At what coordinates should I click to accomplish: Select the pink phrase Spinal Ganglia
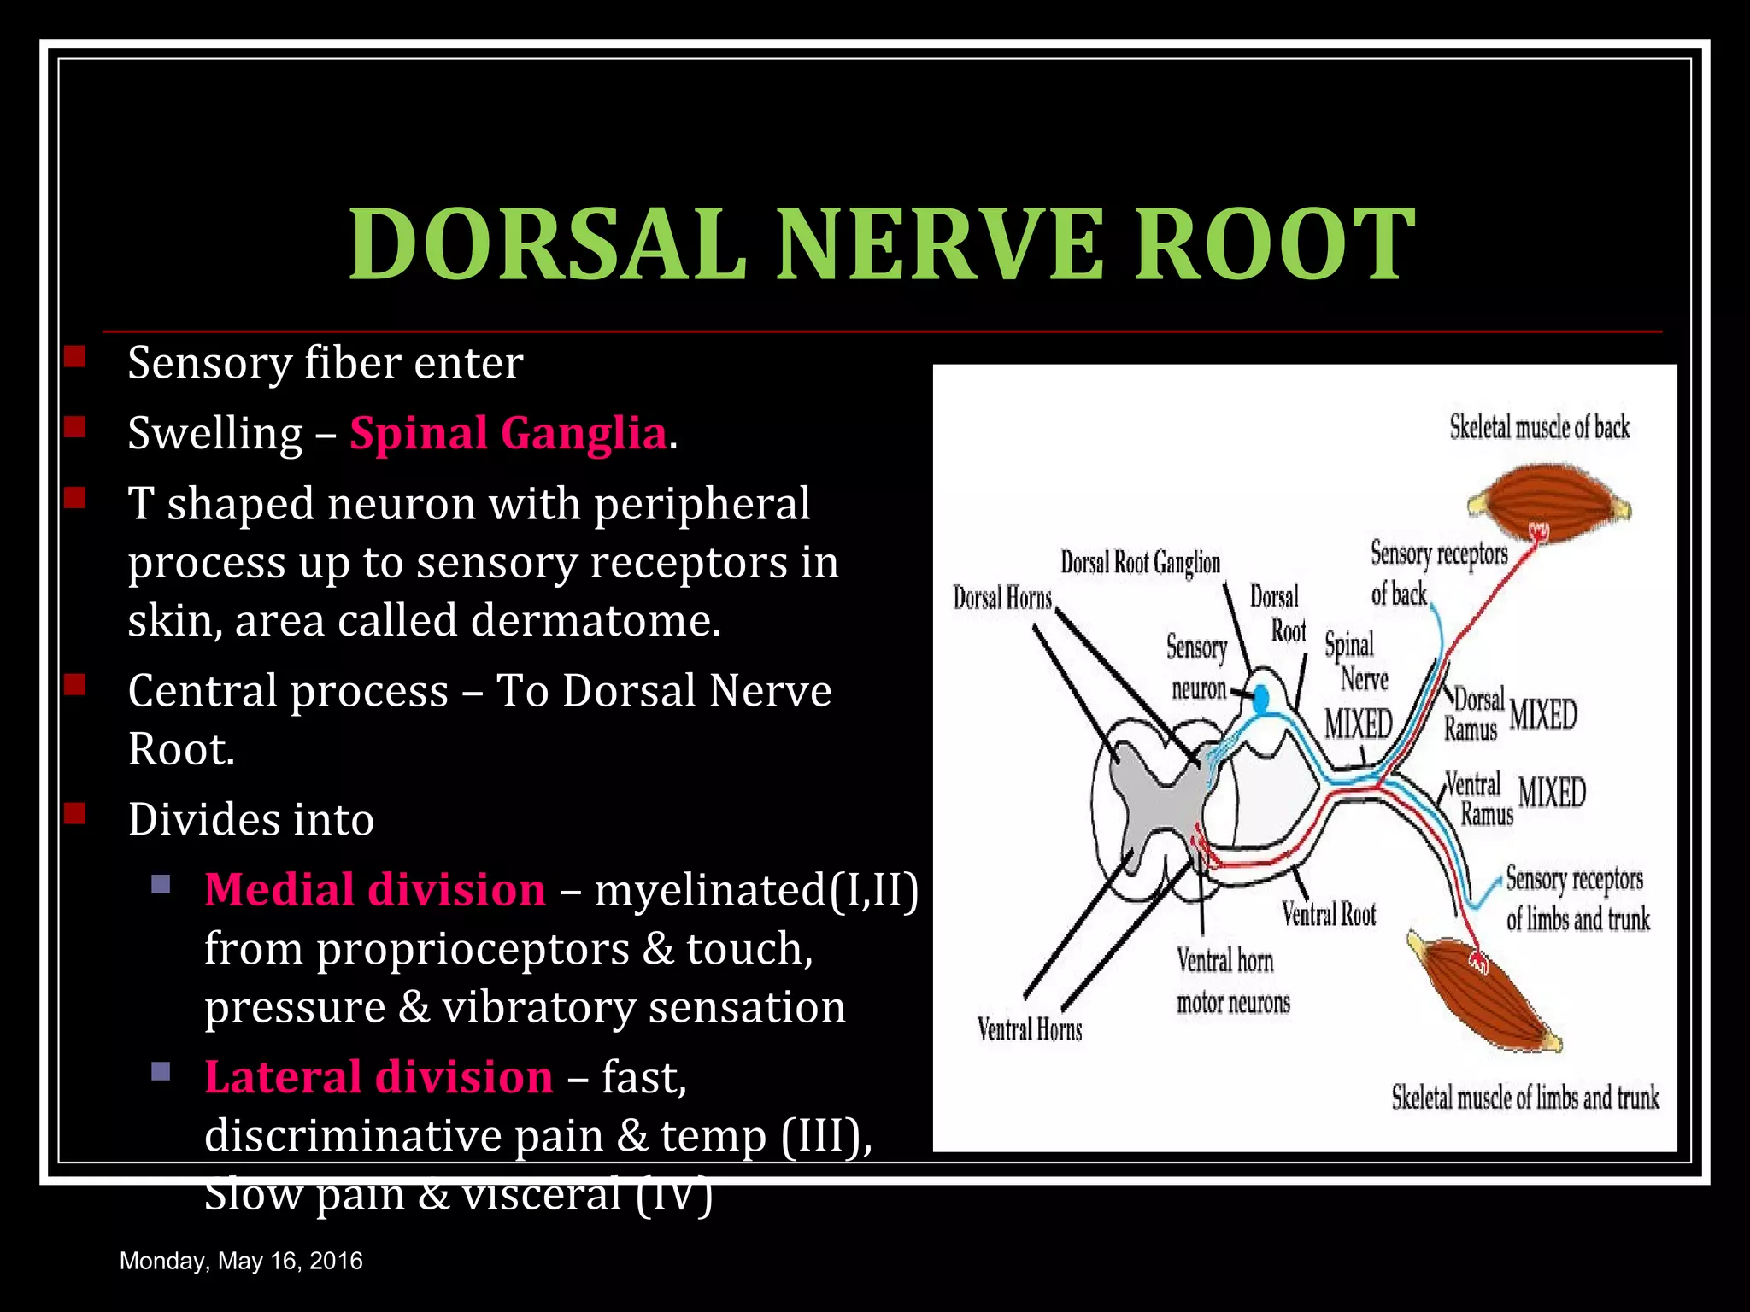click(x=508, y=432)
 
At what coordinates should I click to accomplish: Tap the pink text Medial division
click(x=375, y=889)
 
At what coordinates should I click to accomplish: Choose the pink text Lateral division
click(x=379, y=1076)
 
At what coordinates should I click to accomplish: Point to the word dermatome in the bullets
click(x=595, y=620)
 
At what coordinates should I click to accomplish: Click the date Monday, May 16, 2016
click(x=241, y=1261)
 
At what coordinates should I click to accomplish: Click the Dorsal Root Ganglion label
click(x=1140, y=562)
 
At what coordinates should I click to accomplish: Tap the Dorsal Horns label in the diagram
click(x=1002, y=598)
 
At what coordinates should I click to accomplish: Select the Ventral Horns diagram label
click(x=1030, y=1029)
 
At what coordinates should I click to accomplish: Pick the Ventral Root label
click(x=1329, y=915)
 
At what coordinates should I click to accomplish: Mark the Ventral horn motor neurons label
click(x=1232, y=981)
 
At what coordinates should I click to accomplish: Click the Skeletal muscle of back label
click(x=1539, y=427)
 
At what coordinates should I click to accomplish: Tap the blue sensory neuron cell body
click(x=1261, y=700)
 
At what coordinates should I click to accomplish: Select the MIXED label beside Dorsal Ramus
click(x=1543, y=714)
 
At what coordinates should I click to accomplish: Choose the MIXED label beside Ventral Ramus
click(x=1552, y=792)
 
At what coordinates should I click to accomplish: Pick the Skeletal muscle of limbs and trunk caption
click(x=1524, y=1098)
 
